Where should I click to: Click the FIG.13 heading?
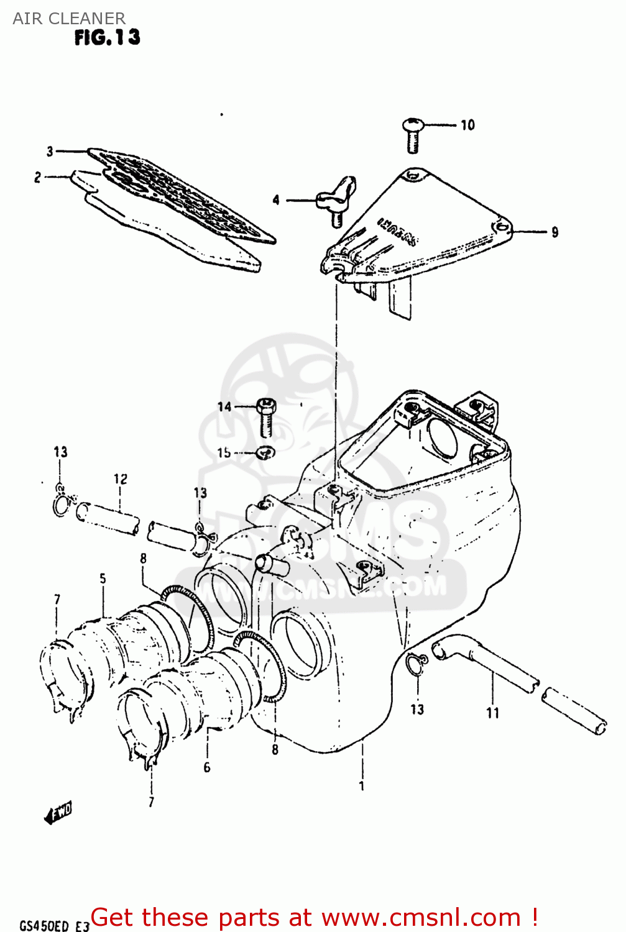coord(107,38)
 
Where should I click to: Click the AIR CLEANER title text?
coord(69,18)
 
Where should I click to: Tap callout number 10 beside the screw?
coord(467,126)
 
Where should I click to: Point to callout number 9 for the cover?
coord(555,232)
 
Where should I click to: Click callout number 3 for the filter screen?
coord(50,151)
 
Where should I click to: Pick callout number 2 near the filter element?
coord(37,178)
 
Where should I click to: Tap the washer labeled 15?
coord(265,452)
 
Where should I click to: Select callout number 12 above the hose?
coord(120,479)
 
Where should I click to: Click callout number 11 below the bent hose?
coord(492,713)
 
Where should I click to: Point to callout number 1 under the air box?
coord(362,786)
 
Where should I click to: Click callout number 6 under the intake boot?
coord(207,767)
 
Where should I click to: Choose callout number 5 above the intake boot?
coord(103,579)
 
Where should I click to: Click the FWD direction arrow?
coord(58,812)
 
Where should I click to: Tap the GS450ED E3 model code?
coord(55,926)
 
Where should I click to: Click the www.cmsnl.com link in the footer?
coord(421,917)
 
